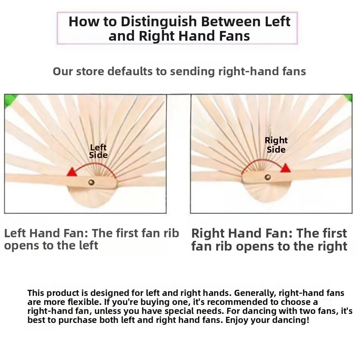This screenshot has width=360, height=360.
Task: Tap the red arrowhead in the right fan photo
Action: coord(285,168)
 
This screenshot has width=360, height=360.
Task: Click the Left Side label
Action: coord(98,151)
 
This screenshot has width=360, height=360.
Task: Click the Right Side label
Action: coord(276,145)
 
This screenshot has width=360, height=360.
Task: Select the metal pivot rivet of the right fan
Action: coord(267,177)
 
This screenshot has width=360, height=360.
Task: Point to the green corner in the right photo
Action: coord(348,98)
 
